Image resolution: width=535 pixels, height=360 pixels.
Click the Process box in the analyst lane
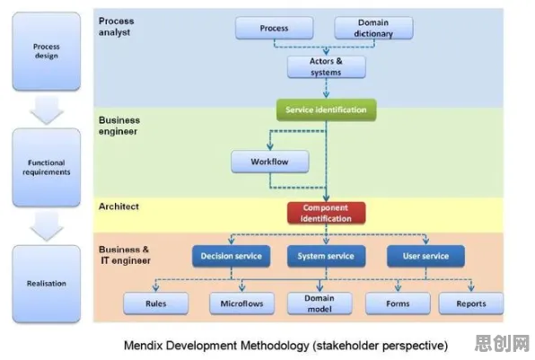click(x=275, y=28)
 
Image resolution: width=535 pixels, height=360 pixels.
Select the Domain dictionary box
click(x=373, y=28)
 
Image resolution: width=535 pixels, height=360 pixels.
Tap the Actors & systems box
click(x=327, y=66)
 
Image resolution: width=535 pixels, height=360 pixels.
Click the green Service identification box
click(x=326, y=110)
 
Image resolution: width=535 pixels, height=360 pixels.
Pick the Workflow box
click(x=270, y=162)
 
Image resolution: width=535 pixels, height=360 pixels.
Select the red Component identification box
click(x=326, y=213)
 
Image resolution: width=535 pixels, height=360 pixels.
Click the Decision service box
click(x=231, y=256)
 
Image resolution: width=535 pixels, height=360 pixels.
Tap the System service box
click(x=326, y=256)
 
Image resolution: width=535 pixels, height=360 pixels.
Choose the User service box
click(x=425, y=256)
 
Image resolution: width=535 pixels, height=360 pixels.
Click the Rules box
click(x=156, y=303)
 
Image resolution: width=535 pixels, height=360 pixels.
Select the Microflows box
click(x=241, y=303)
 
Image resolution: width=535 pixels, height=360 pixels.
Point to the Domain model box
click(x=320, y=303)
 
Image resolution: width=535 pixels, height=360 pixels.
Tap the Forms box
click(x=398, y=303)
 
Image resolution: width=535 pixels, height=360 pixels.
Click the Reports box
click(x=471, y=303)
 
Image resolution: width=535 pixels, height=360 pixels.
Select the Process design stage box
click(x=47, y=51)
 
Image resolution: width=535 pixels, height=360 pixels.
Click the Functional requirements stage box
click(x=47, y=167)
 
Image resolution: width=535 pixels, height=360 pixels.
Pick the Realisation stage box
click(x=47, y=284)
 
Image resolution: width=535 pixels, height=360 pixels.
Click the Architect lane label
click(x=118, y=206)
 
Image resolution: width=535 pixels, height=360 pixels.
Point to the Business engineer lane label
click(x=119, y=126)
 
